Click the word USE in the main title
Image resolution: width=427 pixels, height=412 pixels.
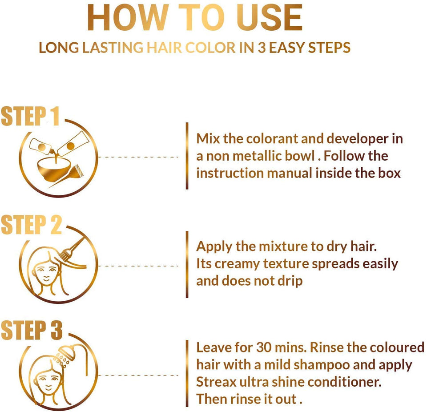[270, 18]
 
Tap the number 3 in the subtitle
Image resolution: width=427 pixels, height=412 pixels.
[262, 48]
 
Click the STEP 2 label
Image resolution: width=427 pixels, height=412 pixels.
[31, 225]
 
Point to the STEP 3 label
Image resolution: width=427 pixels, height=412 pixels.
[32, 330]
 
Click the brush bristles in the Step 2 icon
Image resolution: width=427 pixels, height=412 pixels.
[64, 255]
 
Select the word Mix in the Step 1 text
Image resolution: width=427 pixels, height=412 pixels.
[208, 138]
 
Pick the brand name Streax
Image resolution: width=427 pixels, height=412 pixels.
[216, 382]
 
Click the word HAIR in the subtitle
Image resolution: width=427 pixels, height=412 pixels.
[164, 48]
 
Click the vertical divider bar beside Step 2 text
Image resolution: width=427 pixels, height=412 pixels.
[187, 264]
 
